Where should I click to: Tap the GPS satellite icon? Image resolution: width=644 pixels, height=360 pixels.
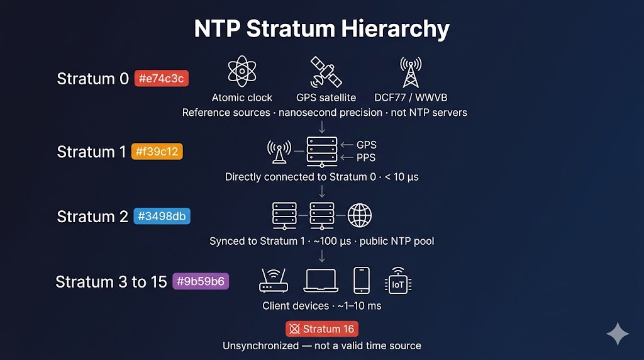tap(326, 72)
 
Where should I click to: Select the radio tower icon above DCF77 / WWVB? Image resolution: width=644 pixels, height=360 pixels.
tap(410, 72)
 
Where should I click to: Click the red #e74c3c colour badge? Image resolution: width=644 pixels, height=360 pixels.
tap(161, 79)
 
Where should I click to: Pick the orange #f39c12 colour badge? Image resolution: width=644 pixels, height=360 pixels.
tap(157, 152)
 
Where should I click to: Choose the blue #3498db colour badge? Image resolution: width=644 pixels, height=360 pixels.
tap(162, 217)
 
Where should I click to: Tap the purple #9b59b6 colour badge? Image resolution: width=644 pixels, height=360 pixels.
tap(201, 281)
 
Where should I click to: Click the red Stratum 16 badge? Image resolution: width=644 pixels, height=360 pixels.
tap(322, 329)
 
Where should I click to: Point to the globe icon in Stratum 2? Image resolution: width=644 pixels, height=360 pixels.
tap(360, 215)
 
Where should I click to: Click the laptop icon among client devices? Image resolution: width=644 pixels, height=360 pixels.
tap(320, 280)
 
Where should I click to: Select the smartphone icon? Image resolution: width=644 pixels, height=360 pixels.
tap(361, 280)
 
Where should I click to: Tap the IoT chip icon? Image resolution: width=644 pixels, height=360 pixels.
tap(398, 281)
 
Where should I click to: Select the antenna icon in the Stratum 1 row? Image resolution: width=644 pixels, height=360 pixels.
tap(279, 150)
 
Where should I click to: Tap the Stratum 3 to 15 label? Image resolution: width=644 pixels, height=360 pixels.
tap(111, 281)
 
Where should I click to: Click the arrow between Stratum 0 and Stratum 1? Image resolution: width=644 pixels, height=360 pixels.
tap(321, 127)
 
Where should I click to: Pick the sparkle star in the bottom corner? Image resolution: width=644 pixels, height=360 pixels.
tap(617, 334)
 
